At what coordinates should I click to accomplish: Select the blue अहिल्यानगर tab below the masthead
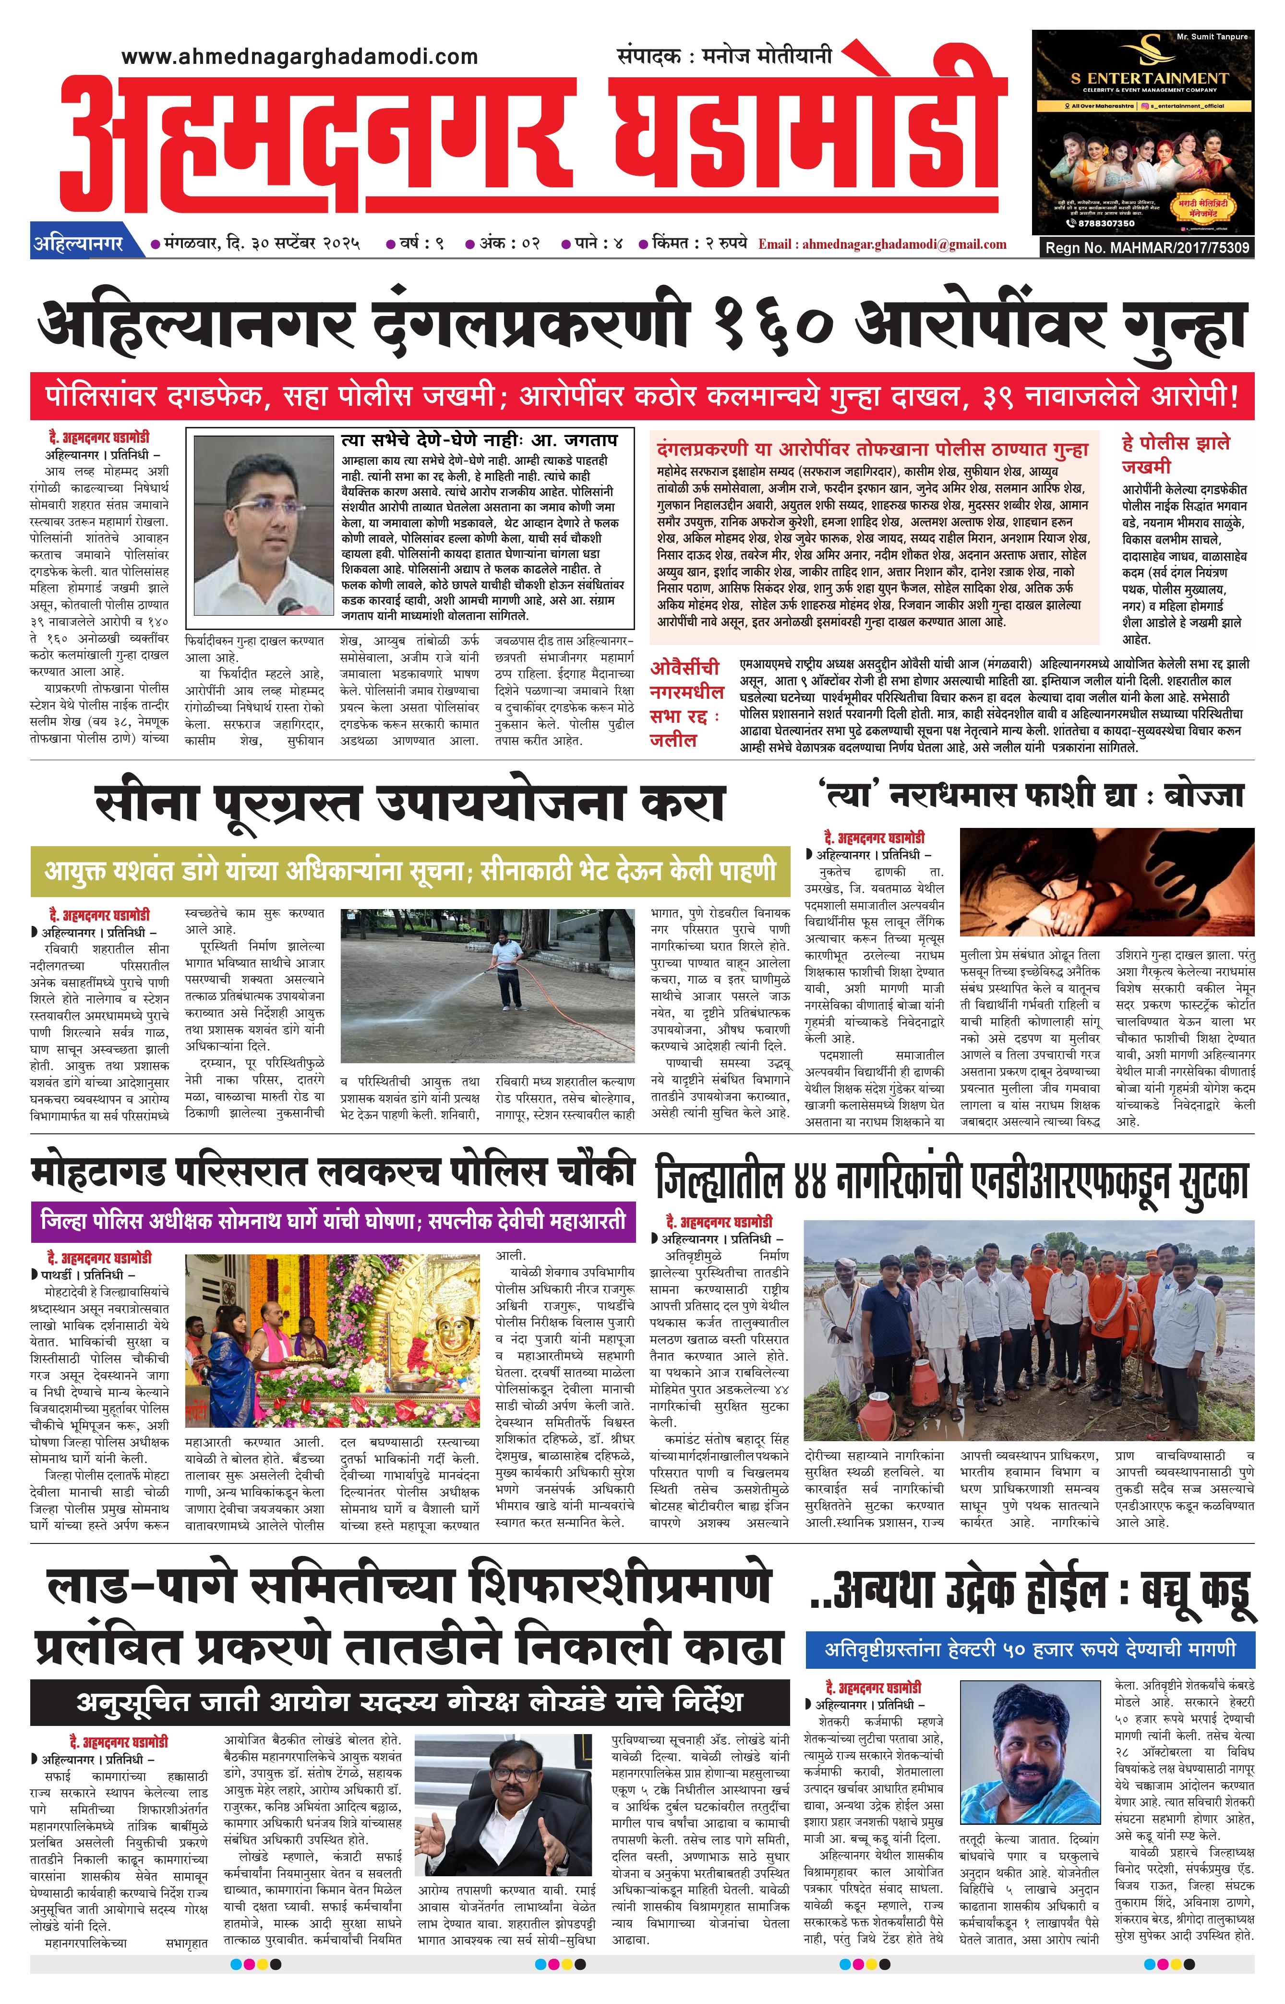tap(78, 244)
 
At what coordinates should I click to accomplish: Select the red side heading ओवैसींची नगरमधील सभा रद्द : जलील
tap(686, 703)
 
